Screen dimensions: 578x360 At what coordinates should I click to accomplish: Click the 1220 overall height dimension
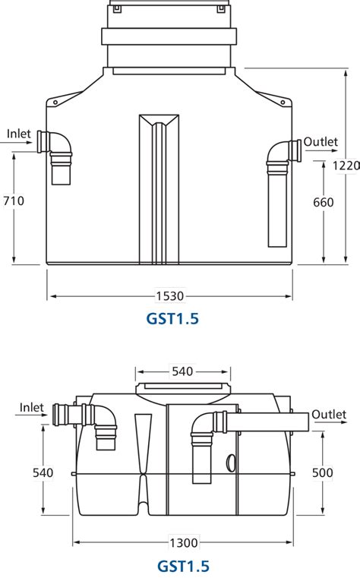(x=346, y=165)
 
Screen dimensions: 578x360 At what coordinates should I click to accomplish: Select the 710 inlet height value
(x=14, y=201)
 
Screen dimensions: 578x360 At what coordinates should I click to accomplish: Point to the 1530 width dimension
(x=171, y=295)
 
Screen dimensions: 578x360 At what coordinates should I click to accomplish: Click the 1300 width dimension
(x=184, y=542)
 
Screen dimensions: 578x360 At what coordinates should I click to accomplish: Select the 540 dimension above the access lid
(x=182, y=371)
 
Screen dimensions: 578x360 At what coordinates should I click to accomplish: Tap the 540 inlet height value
(x=43, y=472)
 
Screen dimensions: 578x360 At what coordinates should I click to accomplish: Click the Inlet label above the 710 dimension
(x=19, y=134)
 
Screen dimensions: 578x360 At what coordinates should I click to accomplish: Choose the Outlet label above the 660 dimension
(x=321, y=142)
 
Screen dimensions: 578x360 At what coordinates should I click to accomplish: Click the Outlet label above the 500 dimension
(x=329, y=414)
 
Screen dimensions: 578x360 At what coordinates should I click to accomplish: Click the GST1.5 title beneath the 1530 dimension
(x=172, y=319)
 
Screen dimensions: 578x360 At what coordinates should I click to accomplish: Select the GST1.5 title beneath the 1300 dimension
(x=183, y=566)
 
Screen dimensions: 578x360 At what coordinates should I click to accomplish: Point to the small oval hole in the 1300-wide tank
(x=231, y=460)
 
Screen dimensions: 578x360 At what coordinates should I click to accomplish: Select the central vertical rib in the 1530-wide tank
(x=157, y=190)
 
